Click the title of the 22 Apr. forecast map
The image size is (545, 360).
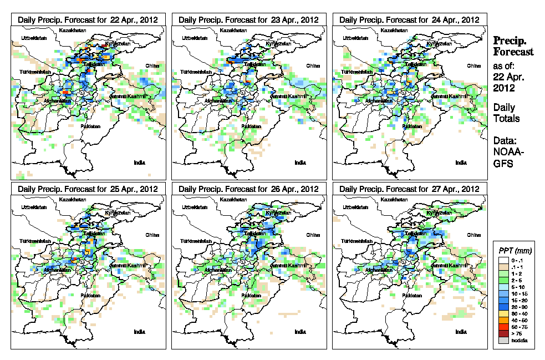point(88,19)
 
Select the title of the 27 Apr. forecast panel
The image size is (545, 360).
point(409,189)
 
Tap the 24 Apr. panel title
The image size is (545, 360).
point(409,19)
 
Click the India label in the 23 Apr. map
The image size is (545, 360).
point(300,163)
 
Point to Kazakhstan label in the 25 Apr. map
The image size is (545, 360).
point(73,199)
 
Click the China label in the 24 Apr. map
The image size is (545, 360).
point(473,65)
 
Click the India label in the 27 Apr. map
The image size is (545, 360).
point(461,332)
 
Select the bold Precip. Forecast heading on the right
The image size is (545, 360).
point(513,46)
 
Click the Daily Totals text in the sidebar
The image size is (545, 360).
point(504,113)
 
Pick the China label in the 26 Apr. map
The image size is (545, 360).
point(313,235)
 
